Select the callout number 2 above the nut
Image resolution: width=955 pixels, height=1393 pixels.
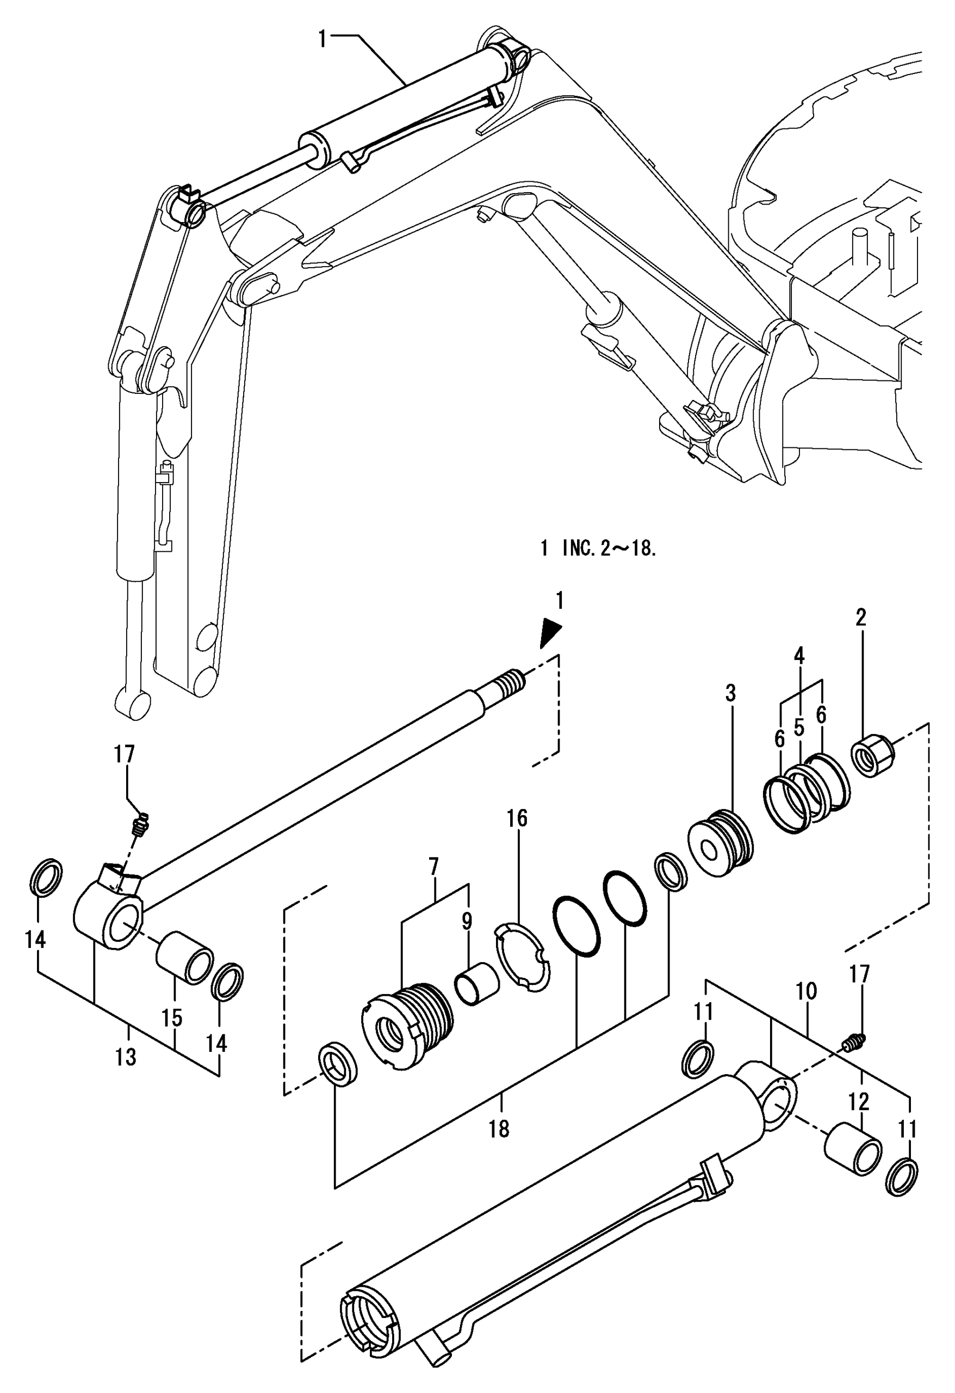(x=861, y=618)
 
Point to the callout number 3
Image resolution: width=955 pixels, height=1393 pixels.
(x=730, y=693)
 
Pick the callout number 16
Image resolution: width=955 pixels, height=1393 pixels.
(x=518, y=818)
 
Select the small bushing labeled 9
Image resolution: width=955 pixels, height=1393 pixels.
(x=477, y=982)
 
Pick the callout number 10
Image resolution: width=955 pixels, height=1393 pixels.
(x=807, y=991)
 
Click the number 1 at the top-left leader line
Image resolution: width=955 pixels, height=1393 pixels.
(x=323, y=40)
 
